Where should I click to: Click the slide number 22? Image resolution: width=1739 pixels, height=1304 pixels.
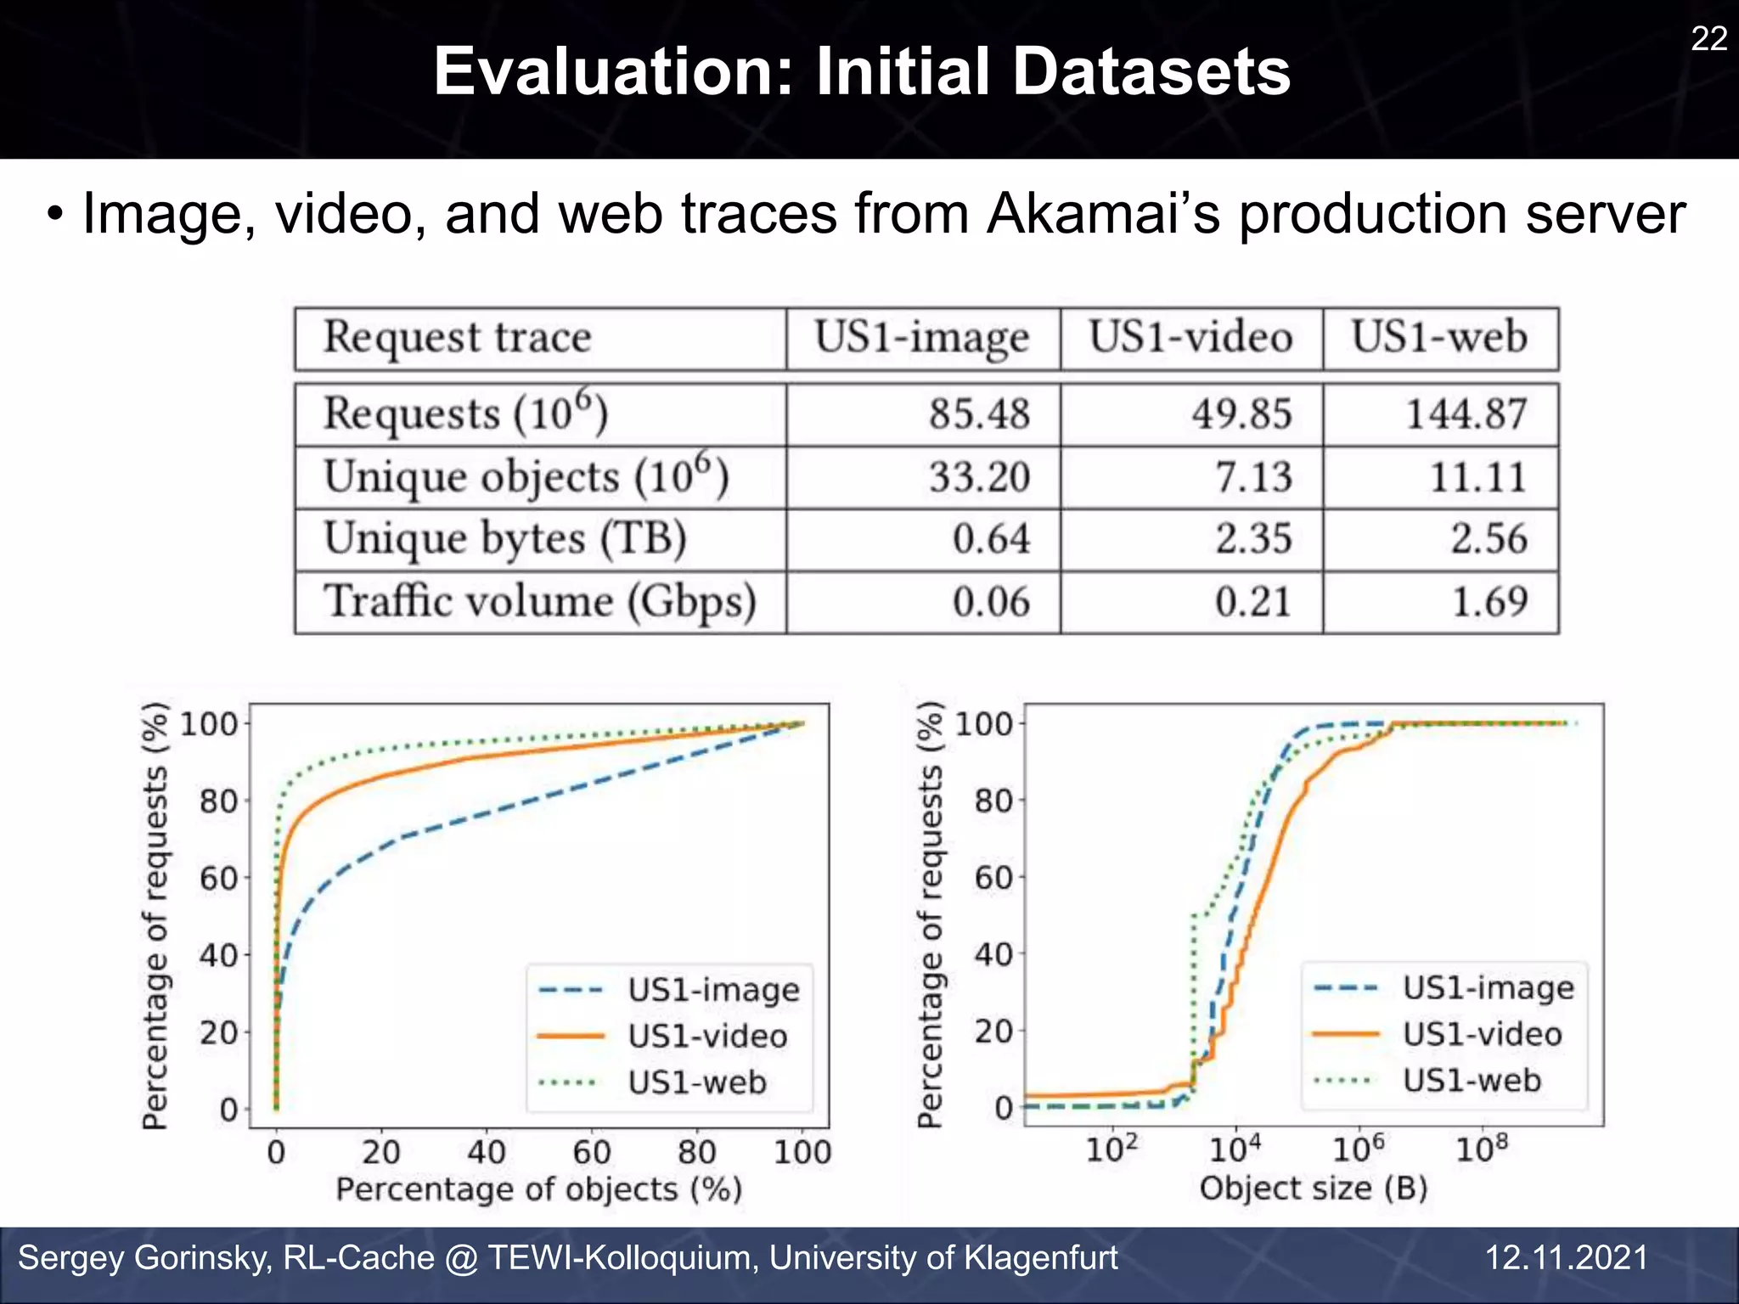pos(1708,39)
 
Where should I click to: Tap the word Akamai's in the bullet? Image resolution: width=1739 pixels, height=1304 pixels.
pos(1103,214)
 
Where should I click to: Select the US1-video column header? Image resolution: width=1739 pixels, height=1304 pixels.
pos(1190,337)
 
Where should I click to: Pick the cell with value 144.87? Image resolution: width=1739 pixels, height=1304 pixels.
pos(1466,414)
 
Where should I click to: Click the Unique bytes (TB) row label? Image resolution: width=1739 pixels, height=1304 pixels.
pos(505,539)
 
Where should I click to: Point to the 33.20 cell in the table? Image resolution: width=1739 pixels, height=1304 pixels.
pos(979,476)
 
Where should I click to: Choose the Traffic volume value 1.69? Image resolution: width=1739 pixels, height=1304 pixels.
pos(1489,602)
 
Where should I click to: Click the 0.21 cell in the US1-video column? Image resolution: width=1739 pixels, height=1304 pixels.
pos(1252,602)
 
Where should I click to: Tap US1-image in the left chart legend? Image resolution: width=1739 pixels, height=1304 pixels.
pos(713,990)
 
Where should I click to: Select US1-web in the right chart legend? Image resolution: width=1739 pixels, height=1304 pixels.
pos(1472,1080)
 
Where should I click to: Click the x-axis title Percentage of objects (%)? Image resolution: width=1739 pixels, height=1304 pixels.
pos(539,1189)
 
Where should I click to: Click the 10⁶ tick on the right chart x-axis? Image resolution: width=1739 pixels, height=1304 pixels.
pos(1358,1149)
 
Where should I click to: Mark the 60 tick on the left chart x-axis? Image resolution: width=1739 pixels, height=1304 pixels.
pos(592,1152)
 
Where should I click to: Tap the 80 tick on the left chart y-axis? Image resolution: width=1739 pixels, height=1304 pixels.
pos(218,801)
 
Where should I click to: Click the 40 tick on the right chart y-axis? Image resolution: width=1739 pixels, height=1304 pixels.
pos(993,954)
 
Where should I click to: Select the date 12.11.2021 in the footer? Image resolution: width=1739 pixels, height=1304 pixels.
pos(1566,1257)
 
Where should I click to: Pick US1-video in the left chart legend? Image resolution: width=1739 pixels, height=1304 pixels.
pos(707,1036)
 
